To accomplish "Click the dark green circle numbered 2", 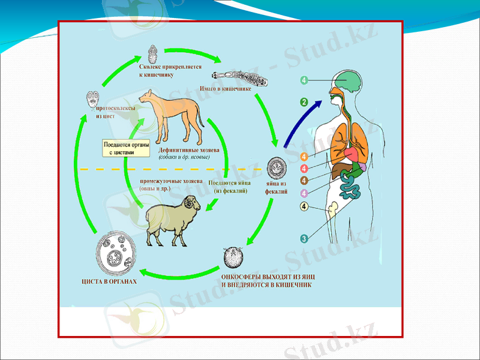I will click(304, 103).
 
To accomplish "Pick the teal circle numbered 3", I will click(304, 238).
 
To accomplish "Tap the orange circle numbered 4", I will click(304, 157).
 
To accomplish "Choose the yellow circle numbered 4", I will click(304, 207).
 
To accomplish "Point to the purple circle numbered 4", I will click(304, 193).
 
